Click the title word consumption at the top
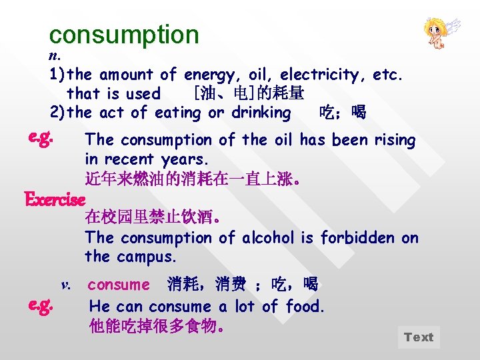(x=124, y=34)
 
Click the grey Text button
(x=419, y=337)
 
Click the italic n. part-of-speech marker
(x=54, y=55)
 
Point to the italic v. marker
(x=65, y=285)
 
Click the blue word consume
(x=119, y=285)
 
